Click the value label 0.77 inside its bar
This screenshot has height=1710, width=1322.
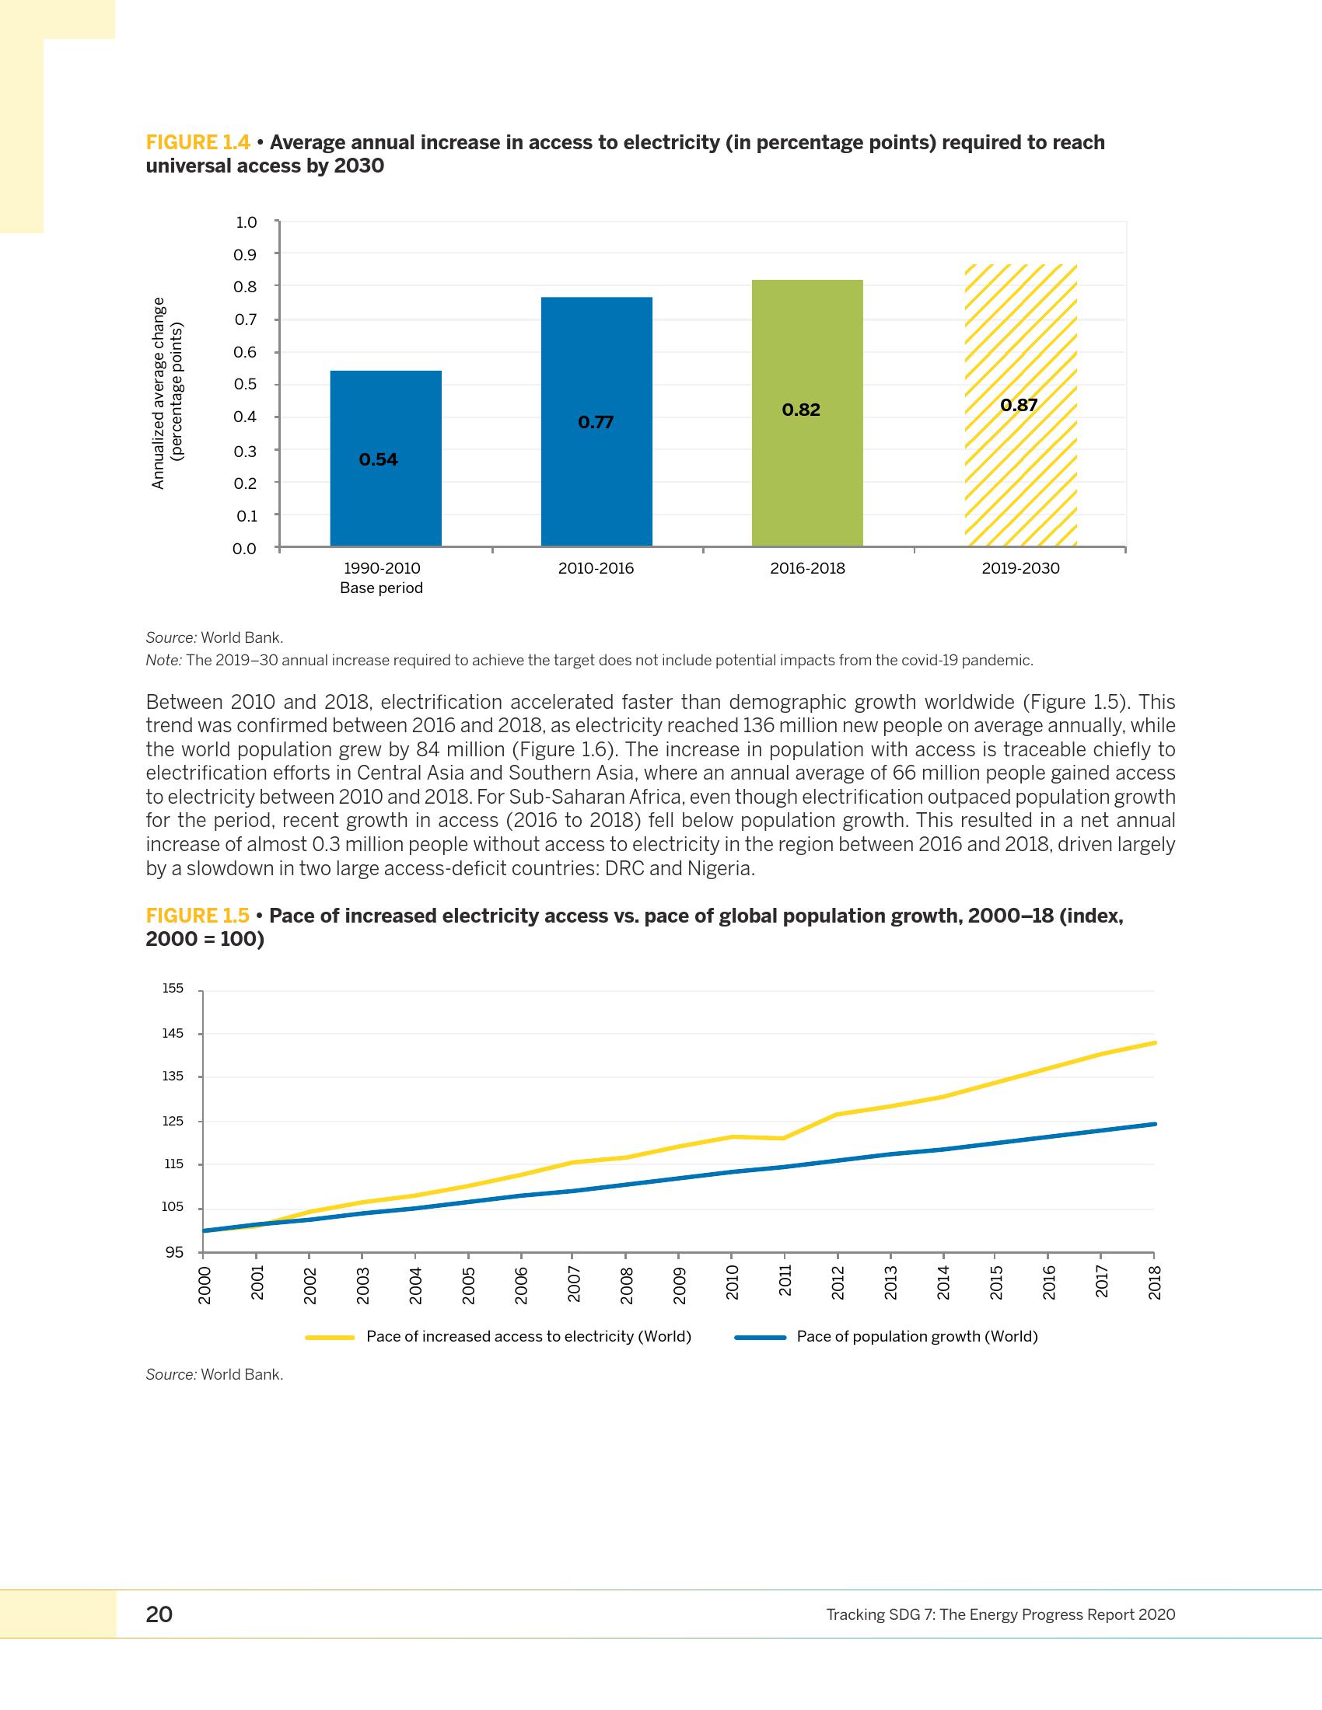tap(595, 423)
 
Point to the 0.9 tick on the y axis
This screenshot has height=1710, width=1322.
tap(245, 254)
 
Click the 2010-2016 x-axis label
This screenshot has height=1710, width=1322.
tap(595, 568)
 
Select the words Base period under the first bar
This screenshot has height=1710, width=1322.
tap(381, 588)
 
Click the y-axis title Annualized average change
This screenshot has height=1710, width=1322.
tap(159, 393)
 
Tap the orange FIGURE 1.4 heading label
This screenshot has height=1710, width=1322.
tap(198, 142)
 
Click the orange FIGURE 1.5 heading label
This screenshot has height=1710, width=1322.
tap(198, 916)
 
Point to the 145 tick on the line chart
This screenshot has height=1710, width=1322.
tap(173, 1034)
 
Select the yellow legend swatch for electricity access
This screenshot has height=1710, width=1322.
tap(330, 1338)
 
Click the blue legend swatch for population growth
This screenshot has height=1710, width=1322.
tap(760, 1338)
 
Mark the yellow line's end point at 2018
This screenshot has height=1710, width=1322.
tap(1154, 1043)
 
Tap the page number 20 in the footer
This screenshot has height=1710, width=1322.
tap(159, 1614)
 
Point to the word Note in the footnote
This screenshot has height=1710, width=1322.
tap(163, 660)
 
